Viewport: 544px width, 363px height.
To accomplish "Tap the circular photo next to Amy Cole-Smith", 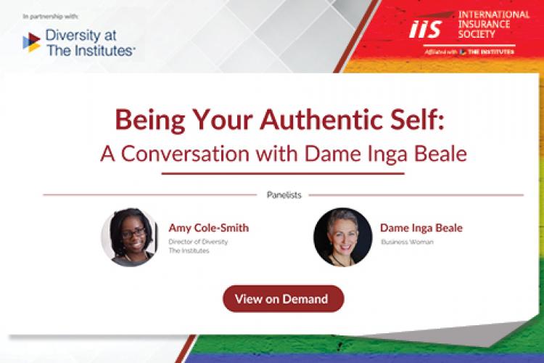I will click(129, 237).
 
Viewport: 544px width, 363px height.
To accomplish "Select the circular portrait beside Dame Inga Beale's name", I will click(342, 237).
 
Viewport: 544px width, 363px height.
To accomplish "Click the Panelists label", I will click(284, 195).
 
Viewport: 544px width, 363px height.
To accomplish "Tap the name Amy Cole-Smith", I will click(208, 228).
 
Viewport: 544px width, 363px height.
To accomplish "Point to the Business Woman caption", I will click(406, 242).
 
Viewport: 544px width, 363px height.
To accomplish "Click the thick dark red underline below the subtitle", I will click(282, 173).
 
